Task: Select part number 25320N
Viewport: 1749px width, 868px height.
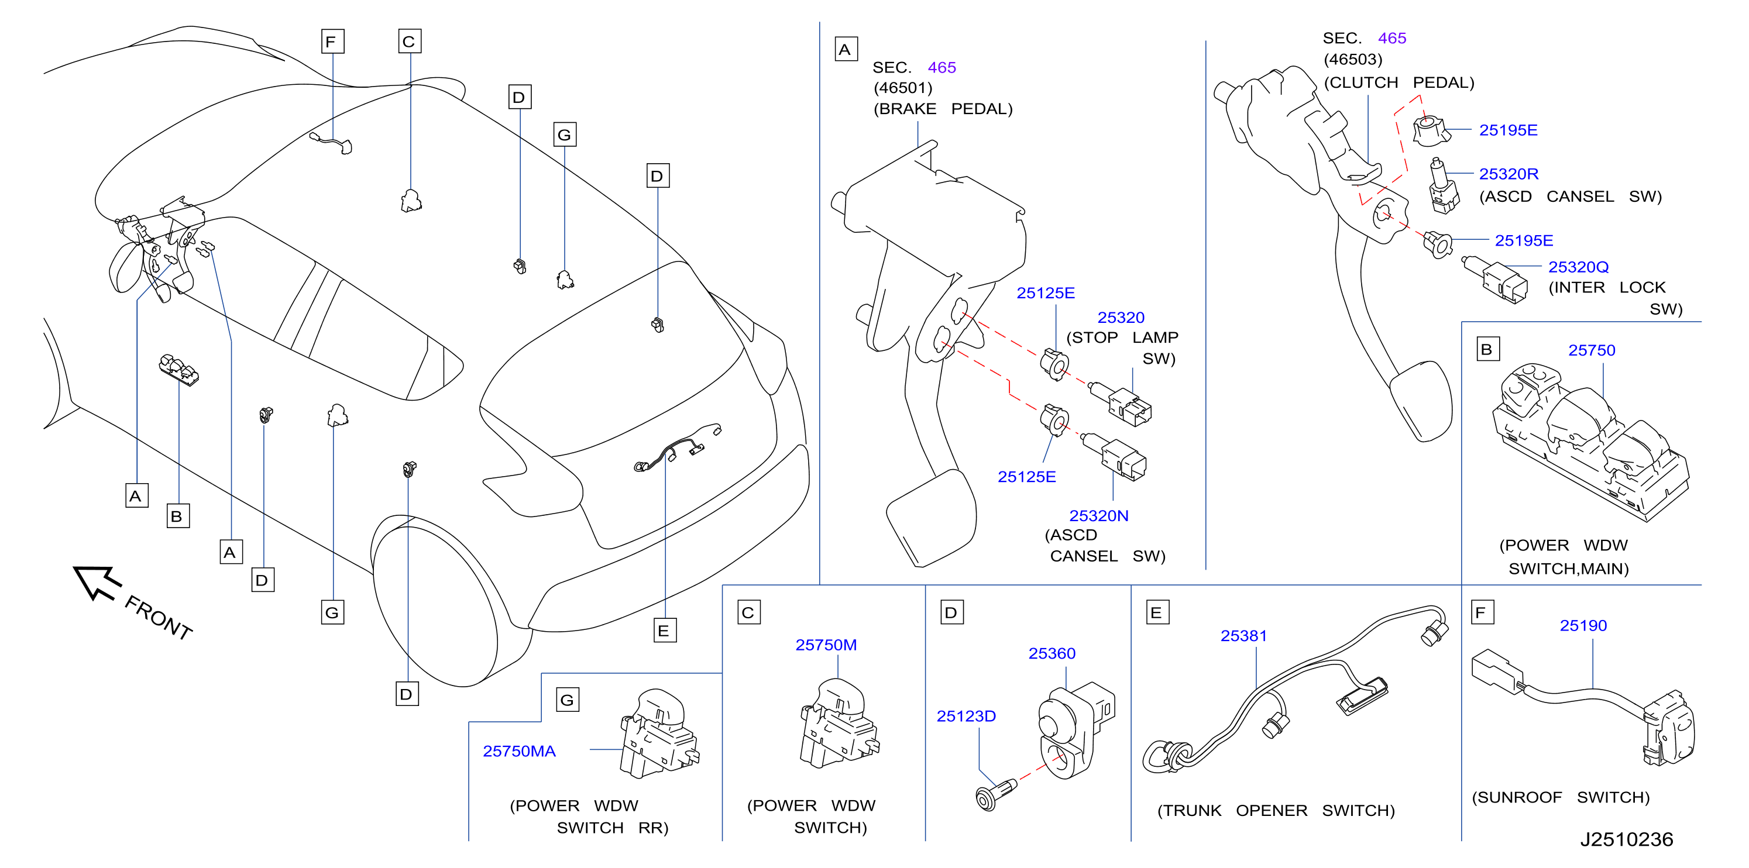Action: (x=1098, y=516)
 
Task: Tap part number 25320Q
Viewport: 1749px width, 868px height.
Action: (x=1579, y=267)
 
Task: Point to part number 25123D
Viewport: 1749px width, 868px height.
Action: (x=966, y=716)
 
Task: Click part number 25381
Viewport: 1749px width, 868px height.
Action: (x=1244, y=636)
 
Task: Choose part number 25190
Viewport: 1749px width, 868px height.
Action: (x=1583, y=626)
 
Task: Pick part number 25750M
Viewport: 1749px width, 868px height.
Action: (x=826, y=645)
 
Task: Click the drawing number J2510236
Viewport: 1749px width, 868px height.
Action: (x=1627, y=839)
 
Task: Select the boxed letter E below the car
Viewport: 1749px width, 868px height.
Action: (x=665, y=631)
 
